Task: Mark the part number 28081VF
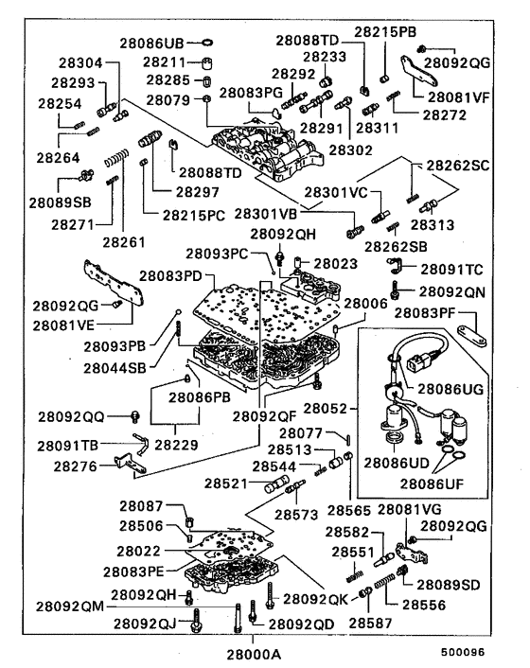458,97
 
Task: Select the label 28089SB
59,201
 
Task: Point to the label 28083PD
171,275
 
